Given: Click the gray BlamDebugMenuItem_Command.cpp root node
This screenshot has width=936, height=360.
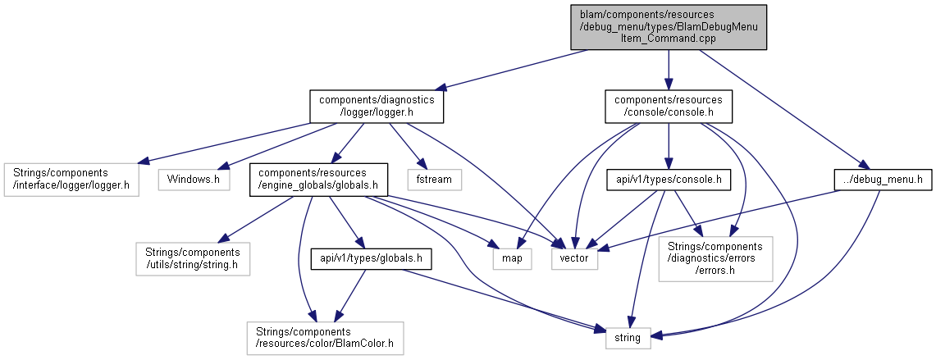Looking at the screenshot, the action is coord(668,27).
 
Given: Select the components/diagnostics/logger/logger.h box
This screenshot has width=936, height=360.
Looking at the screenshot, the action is coord(377,107).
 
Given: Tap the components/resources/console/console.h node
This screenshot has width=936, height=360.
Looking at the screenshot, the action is coord(668,107).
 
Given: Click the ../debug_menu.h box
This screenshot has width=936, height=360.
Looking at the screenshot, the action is coord(882,180).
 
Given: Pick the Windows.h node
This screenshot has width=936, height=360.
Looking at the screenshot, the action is coord(194,180).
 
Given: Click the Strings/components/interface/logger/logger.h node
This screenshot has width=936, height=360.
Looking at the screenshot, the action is coord(71,180).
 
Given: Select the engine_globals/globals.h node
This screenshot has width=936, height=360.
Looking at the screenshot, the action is coord(318,180).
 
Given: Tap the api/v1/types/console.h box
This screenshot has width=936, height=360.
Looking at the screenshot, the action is coord(669,180).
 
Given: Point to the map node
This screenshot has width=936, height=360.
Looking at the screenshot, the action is coord(512,258).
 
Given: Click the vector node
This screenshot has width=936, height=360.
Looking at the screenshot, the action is coord(574,258).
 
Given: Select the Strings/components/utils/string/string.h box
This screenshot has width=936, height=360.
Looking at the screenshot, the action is coord(192,258).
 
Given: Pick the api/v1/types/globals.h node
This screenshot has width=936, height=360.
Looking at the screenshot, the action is coord(372,258).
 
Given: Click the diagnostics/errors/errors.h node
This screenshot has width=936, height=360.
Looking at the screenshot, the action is coord(715,258).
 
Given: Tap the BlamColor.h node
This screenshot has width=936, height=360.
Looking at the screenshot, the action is coord(325,339).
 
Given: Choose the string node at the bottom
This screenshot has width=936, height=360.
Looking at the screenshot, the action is coord(628,339).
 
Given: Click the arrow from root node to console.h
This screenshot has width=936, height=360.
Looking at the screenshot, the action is coord(668,70).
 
